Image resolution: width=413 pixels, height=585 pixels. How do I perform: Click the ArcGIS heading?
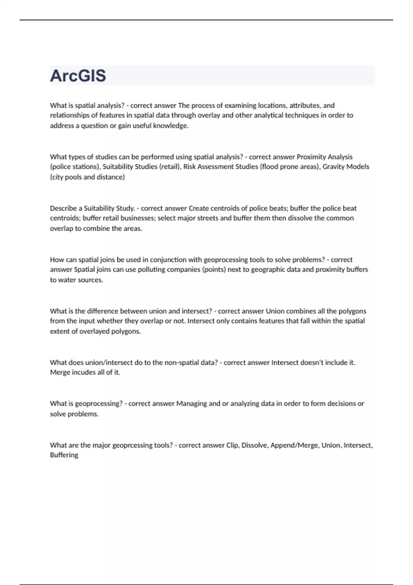(x=78, y=76)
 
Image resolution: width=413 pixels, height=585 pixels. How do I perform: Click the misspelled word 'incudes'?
(x=83, y=372)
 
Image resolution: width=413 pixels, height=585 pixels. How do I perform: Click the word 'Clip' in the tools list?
(x=232, y=445)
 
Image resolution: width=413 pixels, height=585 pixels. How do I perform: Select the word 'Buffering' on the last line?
(x=64, y=455)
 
